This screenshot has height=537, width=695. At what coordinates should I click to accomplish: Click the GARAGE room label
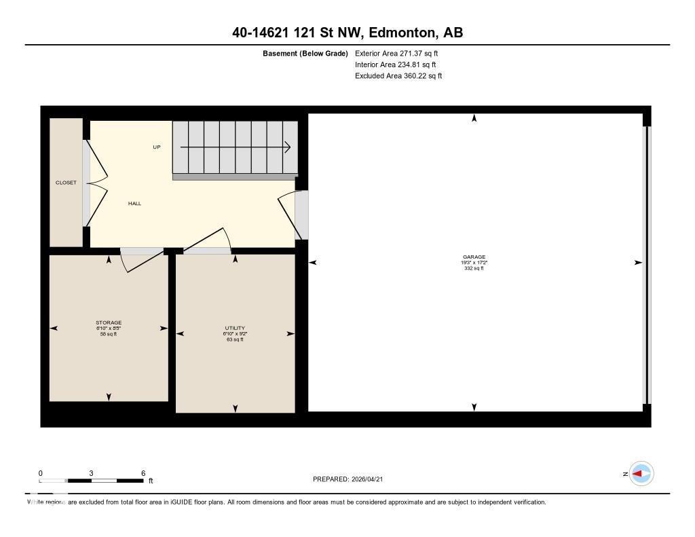point(474,257)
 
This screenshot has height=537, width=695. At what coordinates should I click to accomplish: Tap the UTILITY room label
point(235,329)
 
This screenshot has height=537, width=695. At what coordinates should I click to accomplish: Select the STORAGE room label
point(109,322)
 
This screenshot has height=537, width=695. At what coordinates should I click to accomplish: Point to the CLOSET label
point(66,183)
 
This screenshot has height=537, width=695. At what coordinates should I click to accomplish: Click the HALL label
point(134,204)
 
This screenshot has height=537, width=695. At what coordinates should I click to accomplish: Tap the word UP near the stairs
point(157,147)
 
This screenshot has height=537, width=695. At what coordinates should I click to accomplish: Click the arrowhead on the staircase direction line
point(288,147)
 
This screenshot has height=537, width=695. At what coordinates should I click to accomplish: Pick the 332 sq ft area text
point(474,268)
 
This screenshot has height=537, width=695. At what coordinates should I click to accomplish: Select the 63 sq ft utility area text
point(235,339)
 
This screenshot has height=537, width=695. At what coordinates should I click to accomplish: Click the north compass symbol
point(641,474)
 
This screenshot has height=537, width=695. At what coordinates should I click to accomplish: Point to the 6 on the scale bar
point(143,473)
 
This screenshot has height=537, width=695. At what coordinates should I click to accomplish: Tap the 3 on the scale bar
point(91,473)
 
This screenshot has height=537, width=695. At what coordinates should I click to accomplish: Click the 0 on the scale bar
point(40,473)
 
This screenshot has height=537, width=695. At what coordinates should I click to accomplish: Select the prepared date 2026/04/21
point(373,479)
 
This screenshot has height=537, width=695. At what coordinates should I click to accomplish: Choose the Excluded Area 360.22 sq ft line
point(398,76)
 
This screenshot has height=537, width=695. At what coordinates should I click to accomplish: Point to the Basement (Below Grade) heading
point(305,53)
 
